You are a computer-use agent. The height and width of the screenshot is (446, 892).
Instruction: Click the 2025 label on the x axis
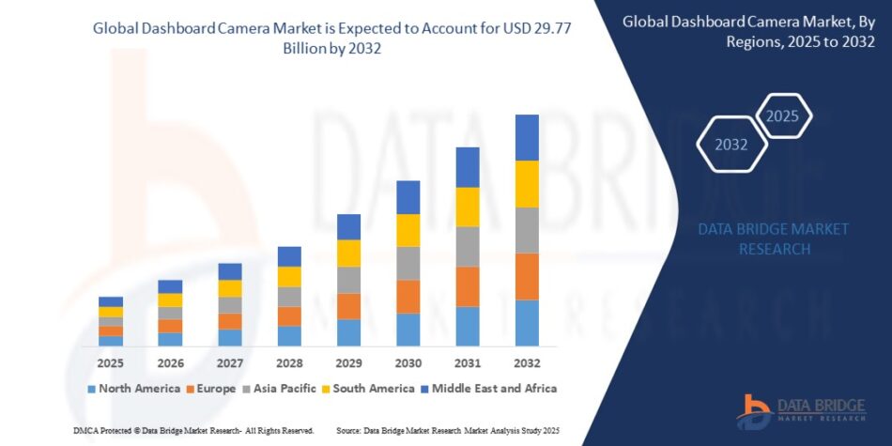[x=111, y=362]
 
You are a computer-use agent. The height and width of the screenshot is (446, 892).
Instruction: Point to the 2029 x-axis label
[x=349, y=362]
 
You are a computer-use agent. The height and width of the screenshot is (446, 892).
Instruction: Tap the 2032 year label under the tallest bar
[x=527, y=362]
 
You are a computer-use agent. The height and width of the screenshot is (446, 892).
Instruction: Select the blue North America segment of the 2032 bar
[x=527, y=322]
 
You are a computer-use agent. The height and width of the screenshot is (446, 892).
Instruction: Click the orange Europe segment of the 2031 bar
[x=468, y=286]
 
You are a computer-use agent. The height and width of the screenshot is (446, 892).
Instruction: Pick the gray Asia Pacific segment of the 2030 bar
[x=408, y=263]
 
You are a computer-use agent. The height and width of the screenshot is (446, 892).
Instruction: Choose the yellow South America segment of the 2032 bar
[x=527, y=184]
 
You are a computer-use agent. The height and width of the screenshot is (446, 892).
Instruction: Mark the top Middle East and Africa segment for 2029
[x=349, y=226]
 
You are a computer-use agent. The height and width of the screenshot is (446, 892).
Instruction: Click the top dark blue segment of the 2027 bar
[x=230, y=271]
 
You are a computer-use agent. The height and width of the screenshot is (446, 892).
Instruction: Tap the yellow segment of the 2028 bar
[x=289, y=277]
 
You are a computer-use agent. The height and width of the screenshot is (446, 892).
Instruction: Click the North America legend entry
[x=133, y=388]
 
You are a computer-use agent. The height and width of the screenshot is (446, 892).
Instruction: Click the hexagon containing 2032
[x=731, y=146]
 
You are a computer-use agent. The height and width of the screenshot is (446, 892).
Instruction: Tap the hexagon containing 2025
[x=781, y=116]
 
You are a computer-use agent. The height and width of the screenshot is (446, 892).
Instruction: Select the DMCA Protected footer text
[x=192, y=429]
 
